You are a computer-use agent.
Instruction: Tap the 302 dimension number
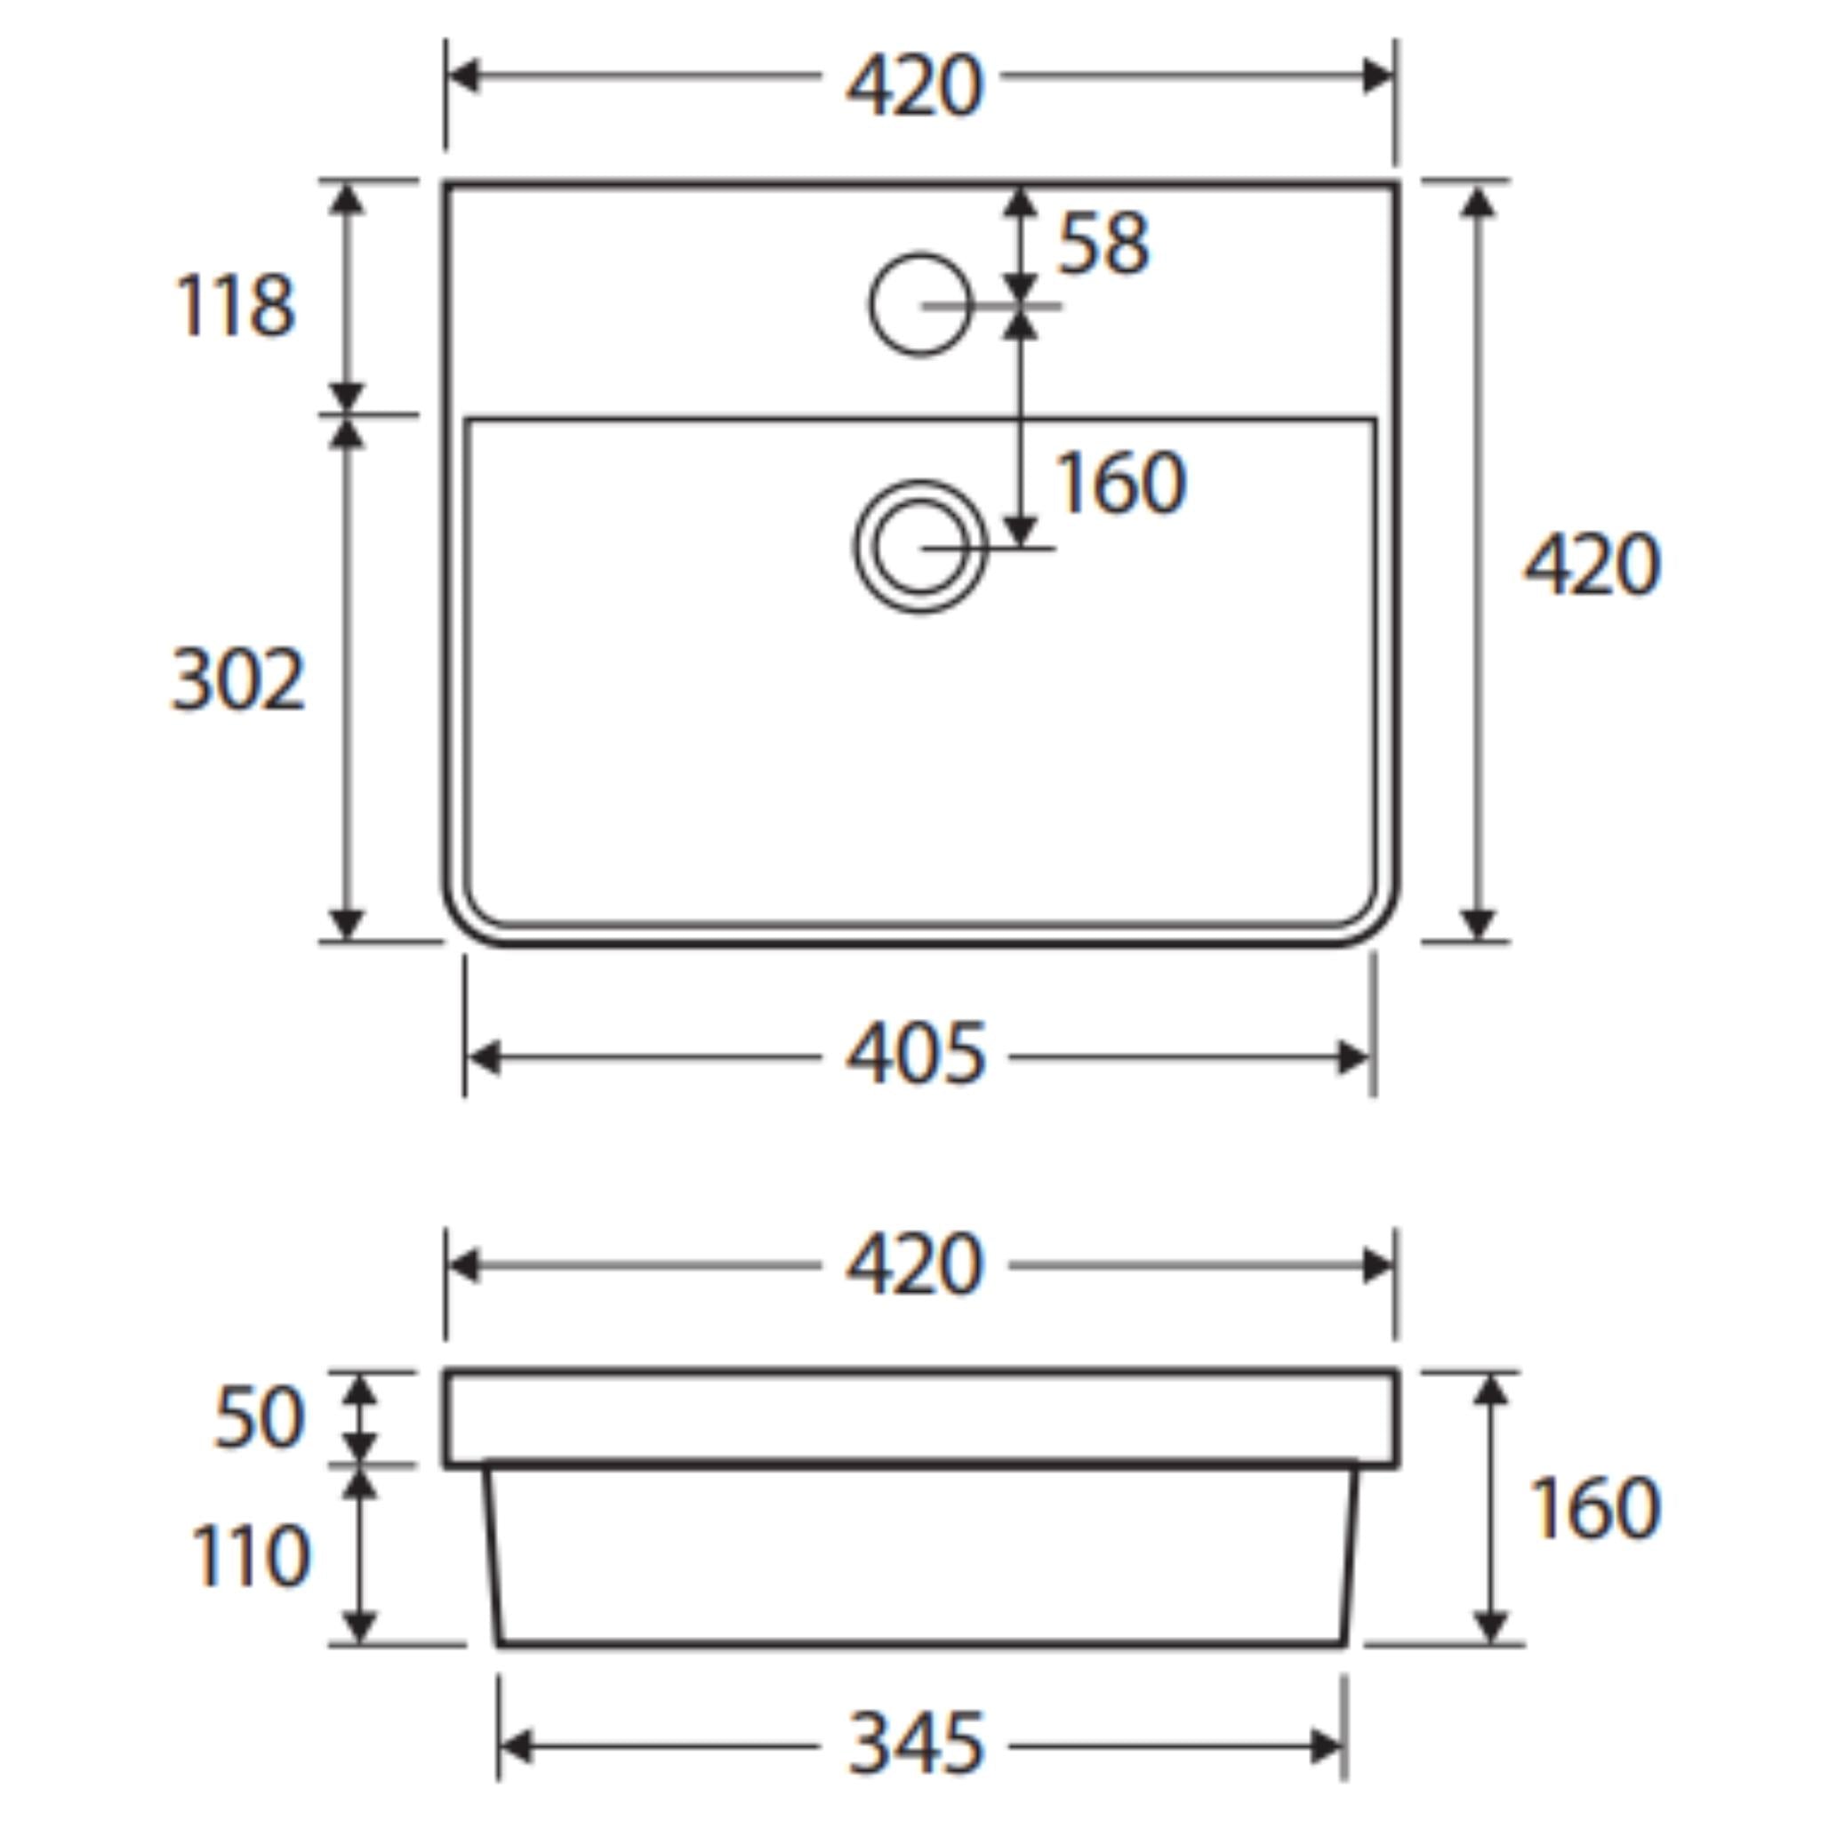click(238, 678)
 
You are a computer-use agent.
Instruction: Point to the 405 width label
click(916, 1053)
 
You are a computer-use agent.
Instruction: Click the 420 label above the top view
click(914, 85)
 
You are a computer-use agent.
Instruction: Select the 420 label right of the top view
click(1592, 564)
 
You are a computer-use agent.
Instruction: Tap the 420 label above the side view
click(914, 1264)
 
